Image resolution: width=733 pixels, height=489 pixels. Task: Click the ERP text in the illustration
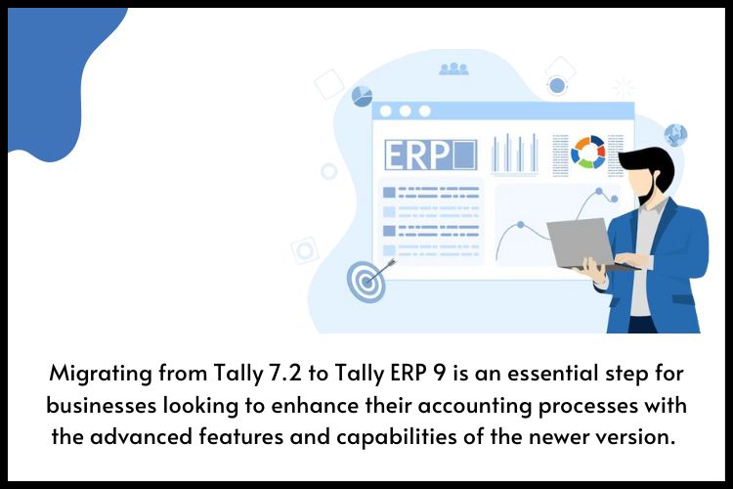(x=416, y=155)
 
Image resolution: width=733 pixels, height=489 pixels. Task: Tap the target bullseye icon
(x=366, y=282)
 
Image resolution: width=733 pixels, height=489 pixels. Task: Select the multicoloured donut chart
(x=587, y=153)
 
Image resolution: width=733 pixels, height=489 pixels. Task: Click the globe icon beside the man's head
(x=675, y=135)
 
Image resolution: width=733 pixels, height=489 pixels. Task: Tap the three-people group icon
(x=453, y=68)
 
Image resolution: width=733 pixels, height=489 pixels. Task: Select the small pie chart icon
(x=362, y=96)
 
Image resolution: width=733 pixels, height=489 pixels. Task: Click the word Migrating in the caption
(x=101, y=375)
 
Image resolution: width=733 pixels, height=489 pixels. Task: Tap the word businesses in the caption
(x=101, y=405)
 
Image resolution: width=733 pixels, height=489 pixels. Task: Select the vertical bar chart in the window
(x=514, y=154)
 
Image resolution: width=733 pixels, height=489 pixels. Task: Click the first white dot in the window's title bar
(x=386, y=111)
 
